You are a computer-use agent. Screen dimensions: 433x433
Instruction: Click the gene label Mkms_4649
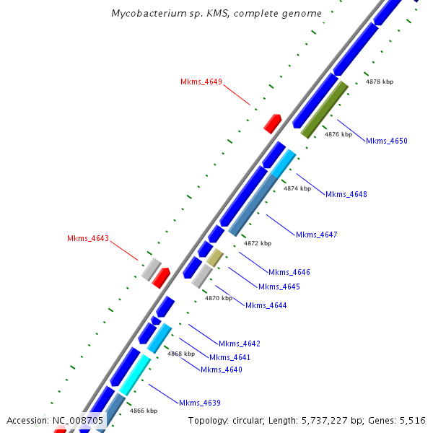pyautogui.click(x=201, y=82)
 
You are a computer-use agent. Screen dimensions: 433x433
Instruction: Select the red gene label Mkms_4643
pyautogui.click(x=87, y=238)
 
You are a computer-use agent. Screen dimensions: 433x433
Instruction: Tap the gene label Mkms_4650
pyautogui.click(x=386, y=141)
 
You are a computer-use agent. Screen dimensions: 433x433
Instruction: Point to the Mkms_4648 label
pyautogui.click(x=346, y=194)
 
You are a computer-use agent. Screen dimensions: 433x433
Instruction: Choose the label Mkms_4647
pyautogui.click(x=316, y=235)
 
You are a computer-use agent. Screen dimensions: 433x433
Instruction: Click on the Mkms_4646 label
pyautogui.click(x=289, y=272)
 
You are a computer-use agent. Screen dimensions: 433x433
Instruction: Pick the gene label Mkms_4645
pyautogui.click(x=279, y=287)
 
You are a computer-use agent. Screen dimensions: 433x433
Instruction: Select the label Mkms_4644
pyautogui.click(x=266, y=305)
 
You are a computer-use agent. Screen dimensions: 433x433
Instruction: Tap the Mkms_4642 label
pyautogui.click(x=239, y=344)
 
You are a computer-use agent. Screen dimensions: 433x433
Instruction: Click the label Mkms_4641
pyautogui.click(x=229, y=357)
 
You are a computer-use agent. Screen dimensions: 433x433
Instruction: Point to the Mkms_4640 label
pyautogui.click(x=221, y=369)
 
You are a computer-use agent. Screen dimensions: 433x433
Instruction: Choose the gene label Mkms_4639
pyautogui.click(x=200, y=403)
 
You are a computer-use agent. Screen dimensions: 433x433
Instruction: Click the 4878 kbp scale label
pyautogui.click(x=380, y=82)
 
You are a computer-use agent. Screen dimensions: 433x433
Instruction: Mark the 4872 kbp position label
pyautogui.click(x=258, y=243)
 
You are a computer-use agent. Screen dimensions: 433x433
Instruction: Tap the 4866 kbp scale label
pyautogui.click(x=144, y=411)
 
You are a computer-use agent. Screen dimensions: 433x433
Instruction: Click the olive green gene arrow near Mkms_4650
pyautogui.click(x=325, y=110)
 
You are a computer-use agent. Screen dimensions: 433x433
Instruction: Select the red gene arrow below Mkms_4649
pyautogui.click(x=272, y=123)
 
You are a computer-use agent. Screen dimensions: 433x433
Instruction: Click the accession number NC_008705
pyautogui.click(x=78, y=420)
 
